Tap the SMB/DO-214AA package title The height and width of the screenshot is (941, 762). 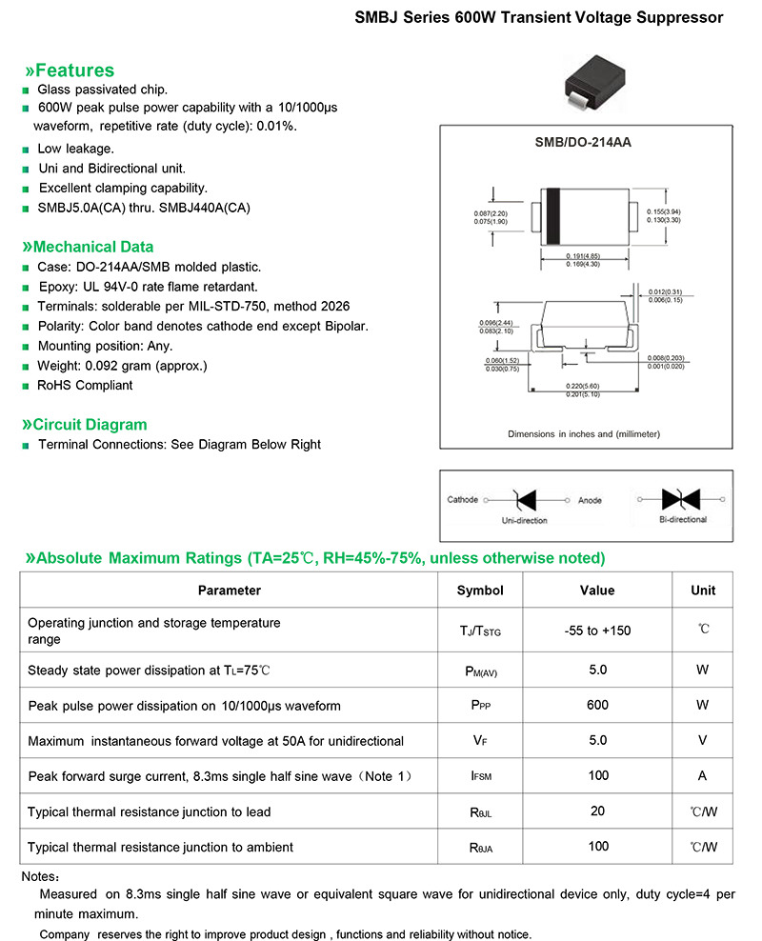(583, 142)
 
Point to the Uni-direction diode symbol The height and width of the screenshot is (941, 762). (525, 500)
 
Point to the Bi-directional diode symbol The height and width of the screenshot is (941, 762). (682, 499)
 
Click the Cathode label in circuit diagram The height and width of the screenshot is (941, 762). (463, 500)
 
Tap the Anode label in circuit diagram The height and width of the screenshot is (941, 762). (590, 500)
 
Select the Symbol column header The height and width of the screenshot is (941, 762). (480, 591)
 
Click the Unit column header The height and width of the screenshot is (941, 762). (703, 591)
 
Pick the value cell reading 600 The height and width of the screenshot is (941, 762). (597, 706)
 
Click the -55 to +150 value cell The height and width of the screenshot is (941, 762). (597, 631)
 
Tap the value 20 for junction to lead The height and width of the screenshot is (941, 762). (597, 811)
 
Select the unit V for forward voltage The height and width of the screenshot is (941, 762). (703, 741)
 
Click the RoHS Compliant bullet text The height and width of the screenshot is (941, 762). (85, 386)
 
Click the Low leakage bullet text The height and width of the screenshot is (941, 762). (75, 149)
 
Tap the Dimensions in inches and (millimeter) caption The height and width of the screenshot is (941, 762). (583, 434)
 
